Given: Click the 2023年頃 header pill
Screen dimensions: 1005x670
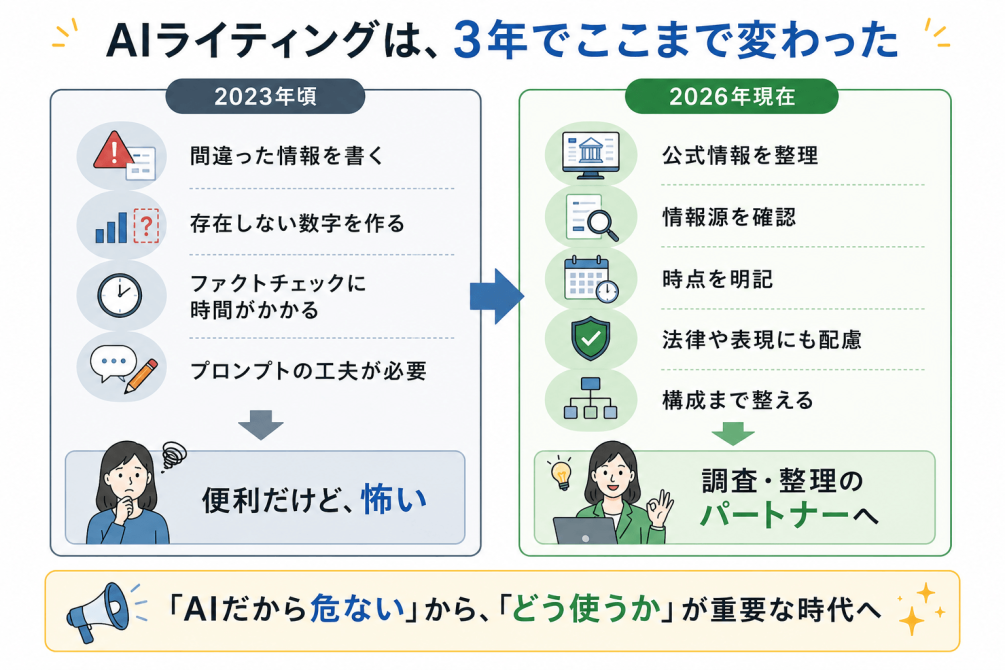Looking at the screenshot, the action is point(265,96).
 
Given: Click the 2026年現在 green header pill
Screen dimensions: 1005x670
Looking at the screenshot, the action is point(731,96).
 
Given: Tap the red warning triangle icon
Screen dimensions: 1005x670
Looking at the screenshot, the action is point(113,150).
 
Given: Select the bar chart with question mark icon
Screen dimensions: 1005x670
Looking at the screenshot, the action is point(127,226).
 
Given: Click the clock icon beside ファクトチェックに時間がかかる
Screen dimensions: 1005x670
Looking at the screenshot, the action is point(120,296).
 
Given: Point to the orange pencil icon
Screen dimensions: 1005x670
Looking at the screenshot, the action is point(141,376).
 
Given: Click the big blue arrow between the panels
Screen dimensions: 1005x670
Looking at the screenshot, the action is point(497,296).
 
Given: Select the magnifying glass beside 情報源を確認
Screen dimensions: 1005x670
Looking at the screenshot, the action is point(602,226).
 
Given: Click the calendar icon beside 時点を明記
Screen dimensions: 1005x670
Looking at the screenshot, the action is point(590,279).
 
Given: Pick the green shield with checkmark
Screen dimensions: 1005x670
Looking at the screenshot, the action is point(590,339).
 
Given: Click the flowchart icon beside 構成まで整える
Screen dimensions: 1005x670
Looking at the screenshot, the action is point(590,398).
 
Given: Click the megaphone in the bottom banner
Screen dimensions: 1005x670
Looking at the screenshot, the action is point(98,612).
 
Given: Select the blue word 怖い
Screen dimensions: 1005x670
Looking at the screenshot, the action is point(394,499).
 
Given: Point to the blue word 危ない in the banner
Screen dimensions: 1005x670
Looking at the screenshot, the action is point(357,608).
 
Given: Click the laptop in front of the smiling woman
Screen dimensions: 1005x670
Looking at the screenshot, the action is point(585,531).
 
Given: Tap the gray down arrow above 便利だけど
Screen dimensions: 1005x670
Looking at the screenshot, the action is point(261,424).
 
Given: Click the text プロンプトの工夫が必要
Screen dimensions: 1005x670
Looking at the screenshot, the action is point(308,371).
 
